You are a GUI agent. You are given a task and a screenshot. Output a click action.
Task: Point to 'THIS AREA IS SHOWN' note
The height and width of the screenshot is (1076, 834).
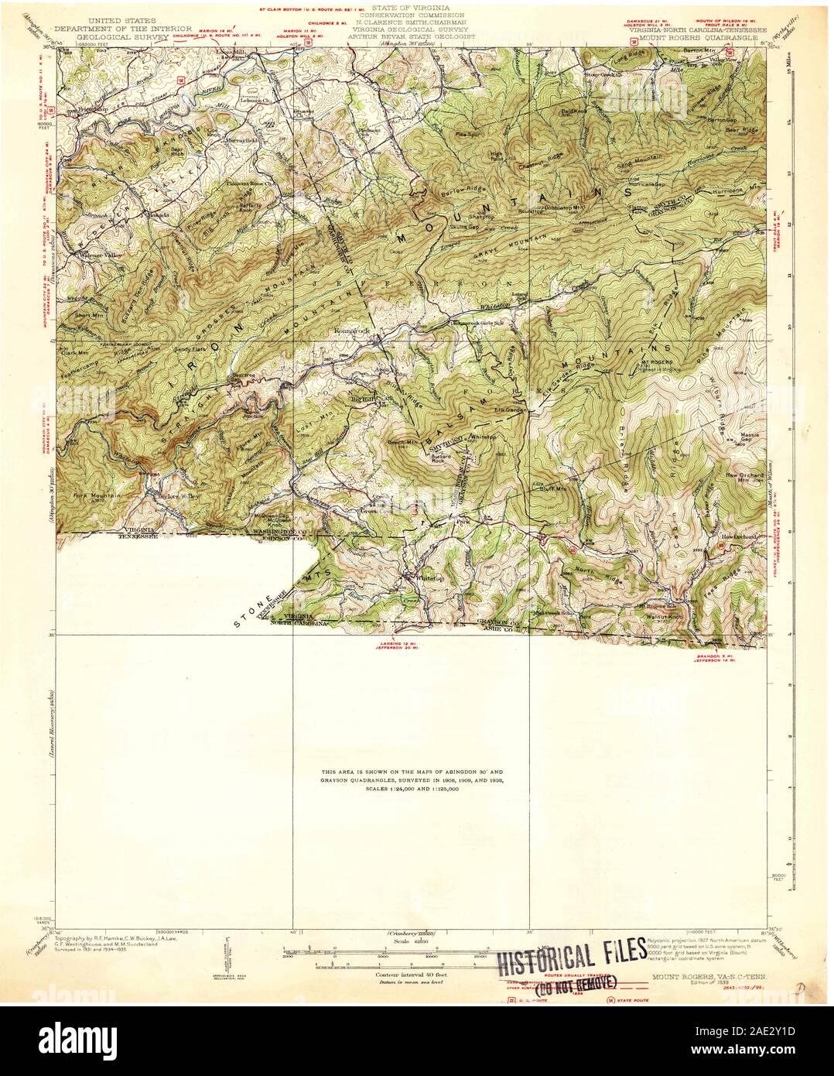click(412, 773)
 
